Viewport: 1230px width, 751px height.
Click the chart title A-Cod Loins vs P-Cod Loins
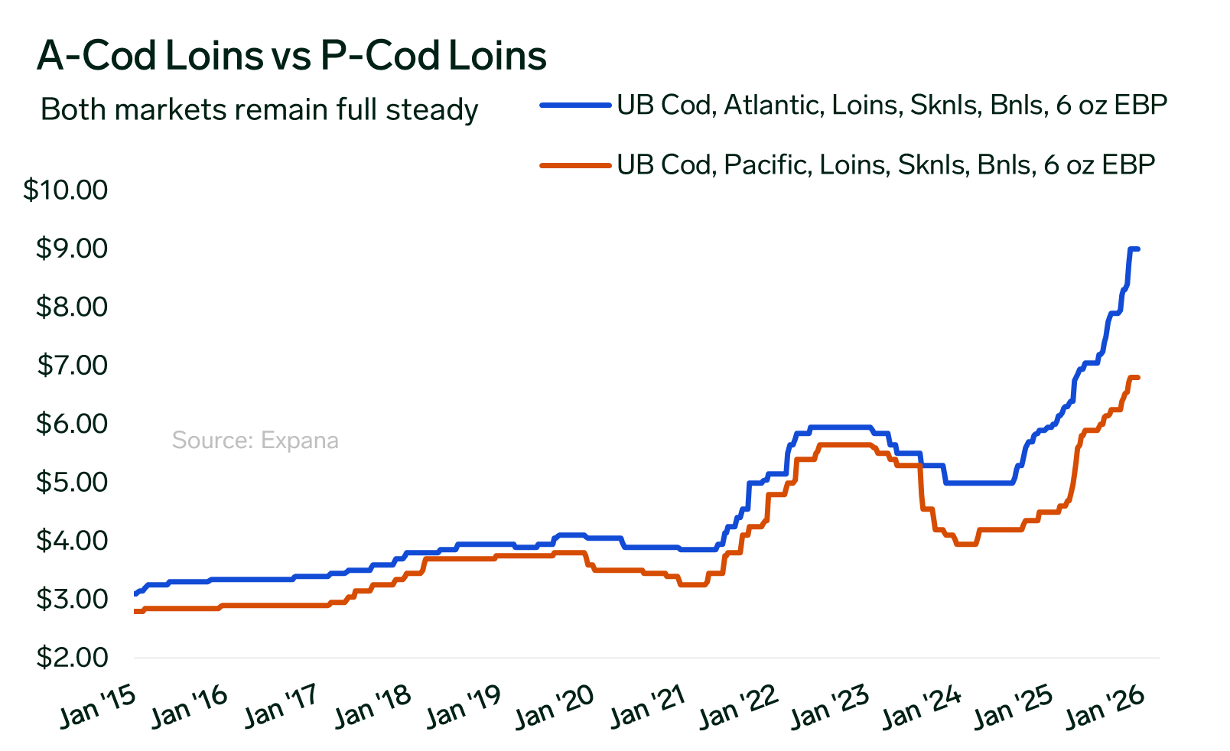point(291,56)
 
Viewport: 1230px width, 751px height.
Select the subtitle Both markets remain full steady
point(259,110)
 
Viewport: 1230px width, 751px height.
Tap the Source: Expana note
point(255,441)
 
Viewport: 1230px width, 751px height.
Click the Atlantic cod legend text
point(891,105)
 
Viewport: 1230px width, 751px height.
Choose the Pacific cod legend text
point(885,164)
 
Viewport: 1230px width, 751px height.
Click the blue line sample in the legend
point(575,105)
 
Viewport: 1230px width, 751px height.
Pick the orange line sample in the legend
point(575,164)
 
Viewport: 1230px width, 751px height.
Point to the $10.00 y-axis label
point(66,190)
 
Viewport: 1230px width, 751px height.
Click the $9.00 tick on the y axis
point(72,249)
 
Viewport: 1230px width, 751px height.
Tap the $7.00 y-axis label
point(72,366)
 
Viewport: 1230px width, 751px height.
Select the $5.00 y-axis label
point(72,483)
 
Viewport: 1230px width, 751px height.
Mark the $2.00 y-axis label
point(72,658)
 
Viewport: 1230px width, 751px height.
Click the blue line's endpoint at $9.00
point(1138,249)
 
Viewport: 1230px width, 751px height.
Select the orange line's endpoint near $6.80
point(1138,378)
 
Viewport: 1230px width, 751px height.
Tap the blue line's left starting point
point(135,593)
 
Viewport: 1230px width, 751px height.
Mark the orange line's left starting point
point(135,611)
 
